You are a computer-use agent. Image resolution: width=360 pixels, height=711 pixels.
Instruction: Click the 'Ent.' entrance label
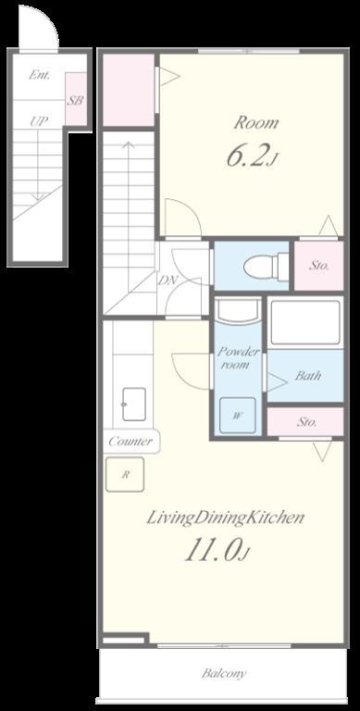pos(39,75)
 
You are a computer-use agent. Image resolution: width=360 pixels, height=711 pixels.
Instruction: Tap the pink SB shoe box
pos(76,99)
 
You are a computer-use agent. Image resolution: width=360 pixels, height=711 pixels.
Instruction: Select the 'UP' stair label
pos(40,121)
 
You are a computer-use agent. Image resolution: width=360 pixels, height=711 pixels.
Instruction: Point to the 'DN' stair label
pos(167,281)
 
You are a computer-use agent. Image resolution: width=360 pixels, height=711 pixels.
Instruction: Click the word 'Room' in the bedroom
pos(256,123)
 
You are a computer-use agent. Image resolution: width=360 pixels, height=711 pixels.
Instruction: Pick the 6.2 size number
pos(247,156)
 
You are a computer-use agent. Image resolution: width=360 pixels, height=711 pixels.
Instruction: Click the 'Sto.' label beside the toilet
pos(318,266)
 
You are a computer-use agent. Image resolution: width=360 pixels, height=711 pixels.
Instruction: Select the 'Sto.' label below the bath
pos(307,422)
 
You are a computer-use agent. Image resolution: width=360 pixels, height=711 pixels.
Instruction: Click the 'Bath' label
pos(308,376)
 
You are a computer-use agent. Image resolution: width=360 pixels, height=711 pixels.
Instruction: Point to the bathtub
pos(304,322)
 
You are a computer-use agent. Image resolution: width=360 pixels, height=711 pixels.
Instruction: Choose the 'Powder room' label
pos(238,357)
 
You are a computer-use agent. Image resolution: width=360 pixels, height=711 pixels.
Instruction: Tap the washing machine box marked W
pos(238,416)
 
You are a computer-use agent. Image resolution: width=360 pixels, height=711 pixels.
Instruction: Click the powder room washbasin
pos(238,311)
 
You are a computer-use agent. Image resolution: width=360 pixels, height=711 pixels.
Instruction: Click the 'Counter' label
pos(130,442)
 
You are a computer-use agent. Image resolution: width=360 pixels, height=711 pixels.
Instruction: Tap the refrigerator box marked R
pos(125,474)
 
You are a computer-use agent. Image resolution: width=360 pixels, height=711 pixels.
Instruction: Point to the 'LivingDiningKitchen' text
pos(225,518)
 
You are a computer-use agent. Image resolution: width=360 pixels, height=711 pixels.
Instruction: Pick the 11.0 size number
pos(215,551)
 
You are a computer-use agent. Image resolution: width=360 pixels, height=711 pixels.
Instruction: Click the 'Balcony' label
pos(224,673)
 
